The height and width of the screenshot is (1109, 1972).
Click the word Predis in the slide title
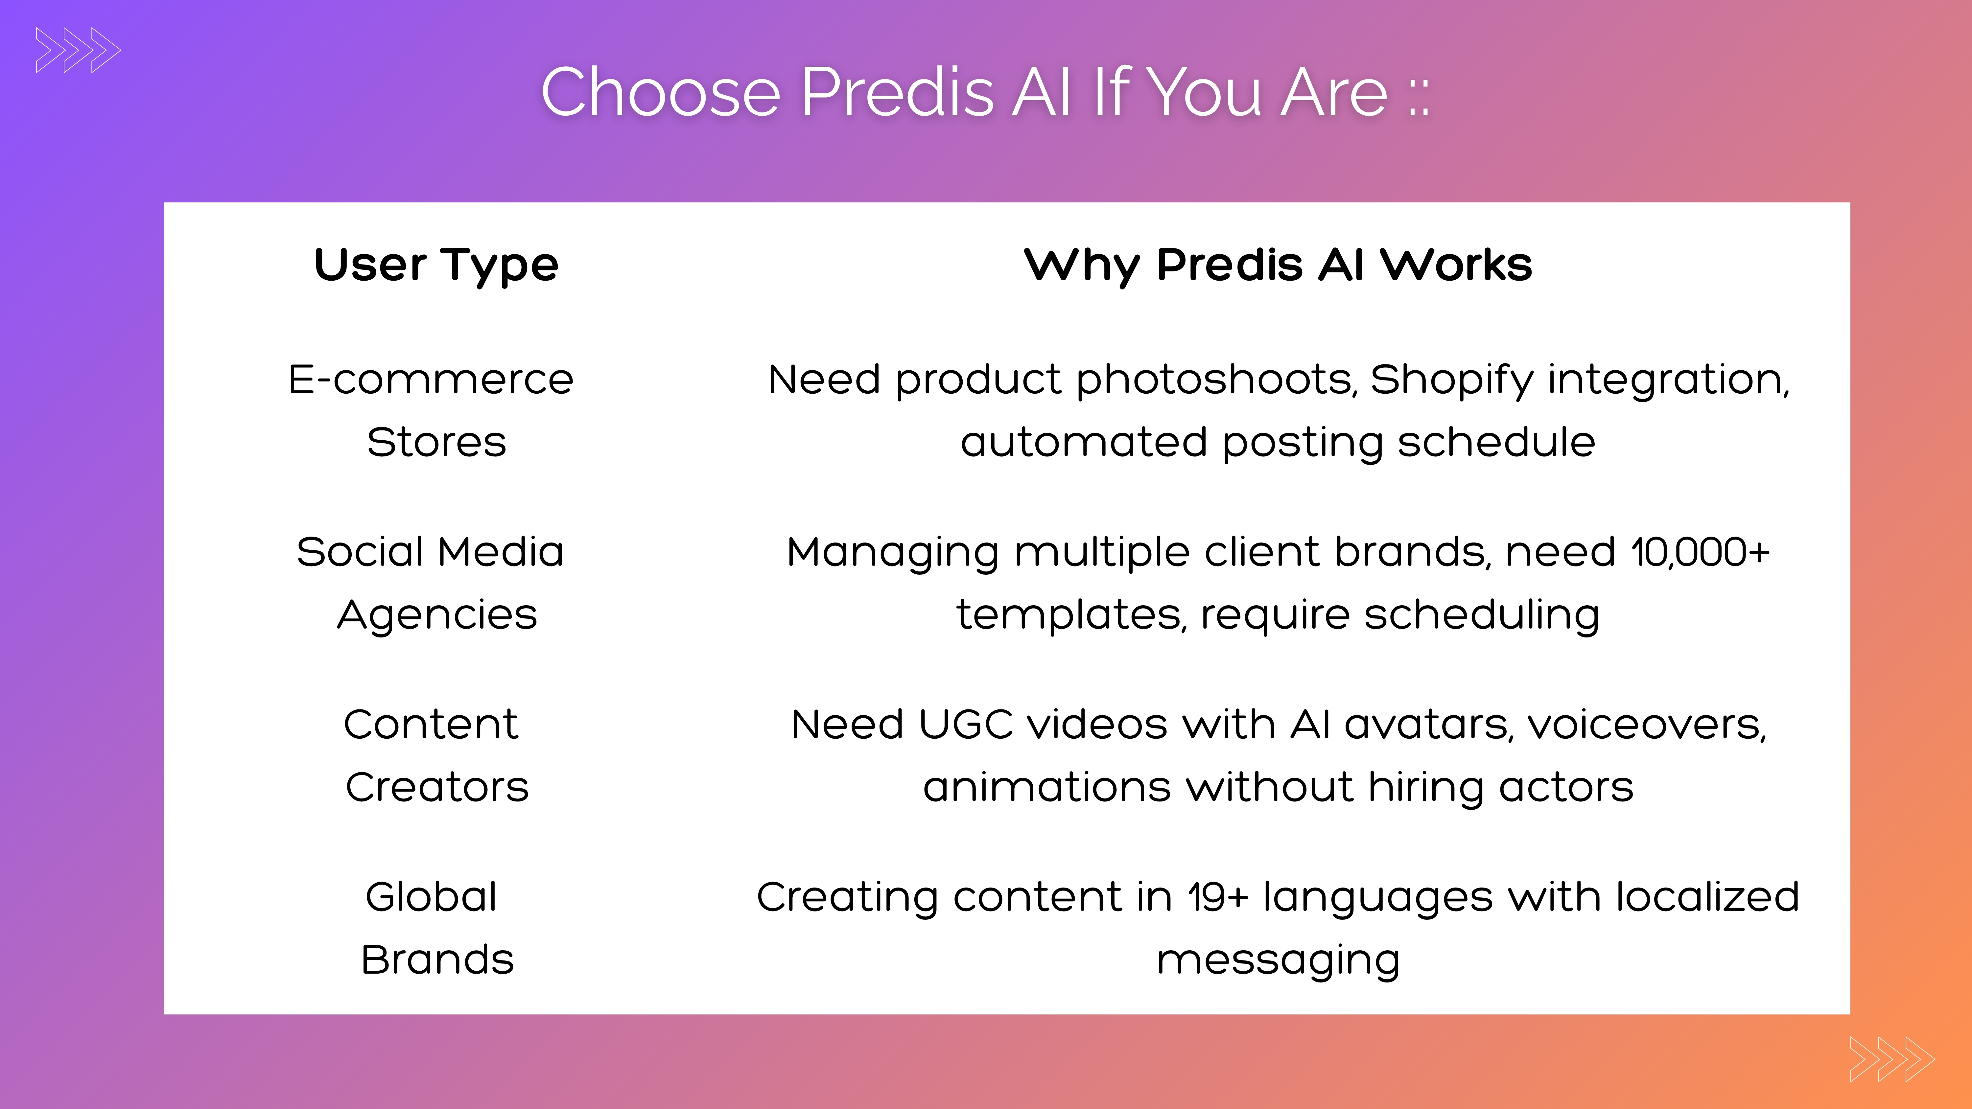[897, 93]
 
